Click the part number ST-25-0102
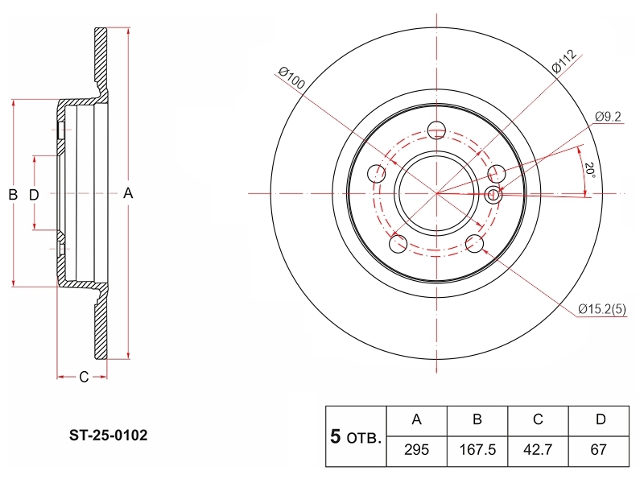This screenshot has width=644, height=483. point(108,436)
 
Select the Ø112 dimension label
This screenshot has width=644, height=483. point(564,61)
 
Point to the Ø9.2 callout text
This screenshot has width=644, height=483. point(608,117)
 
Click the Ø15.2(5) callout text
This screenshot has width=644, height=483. point(602,309)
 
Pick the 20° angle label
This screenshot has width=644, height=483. point(590,170)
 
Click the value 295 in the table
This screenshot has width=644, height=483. point(416,450)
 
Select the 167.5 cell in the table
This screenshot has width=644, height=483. point(477,450)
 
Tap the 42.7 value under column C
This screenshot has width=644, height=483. point(538,450)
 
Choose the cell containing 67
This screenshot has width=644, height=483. point(598,450)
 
